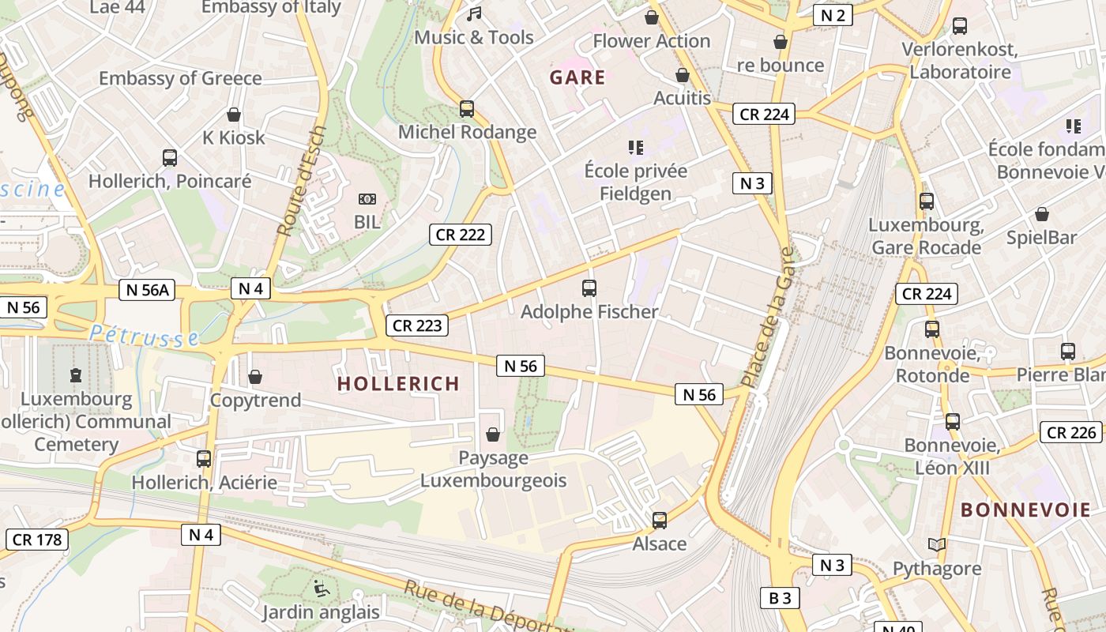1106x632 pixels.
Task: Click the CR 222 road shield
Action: point(461,234)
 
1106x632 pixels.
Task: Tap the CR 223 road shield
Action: point(417,325)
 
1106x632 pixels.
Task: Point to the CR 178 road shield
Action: point(37,540)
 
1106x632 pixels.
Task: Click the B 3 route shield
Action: point(780,598)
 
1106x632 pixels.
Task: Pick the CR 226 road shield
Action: point(1072,432)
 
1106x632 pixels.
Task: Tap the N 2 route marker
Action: point(833,15)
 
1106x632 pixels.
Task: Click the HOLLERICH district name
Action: point(398,384)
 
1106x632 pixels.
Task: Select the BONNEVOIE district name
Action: point(1025,510)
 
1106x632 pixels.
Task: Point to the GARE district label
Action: point(577,77)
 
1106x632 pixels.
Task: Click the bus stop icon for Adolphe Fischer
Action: point(589,288)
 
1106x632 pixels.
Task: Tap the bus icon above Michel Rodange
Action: point(467,109)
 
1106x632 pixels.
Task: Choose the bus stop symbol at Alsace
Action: point(660,521)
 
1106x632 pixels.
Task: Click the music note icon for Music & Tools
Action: point(474,14)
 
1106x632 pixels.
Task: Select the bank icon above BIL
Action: point(367,199)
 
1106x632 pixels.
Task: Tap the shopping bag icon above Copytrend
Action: point(255,377)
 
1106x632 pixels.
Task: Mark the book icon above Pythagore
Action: point(937,545)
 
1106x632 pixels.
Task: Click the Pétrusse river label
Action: point(144,336)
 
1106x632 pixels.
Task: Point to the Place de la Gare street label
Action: point(766,318)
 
